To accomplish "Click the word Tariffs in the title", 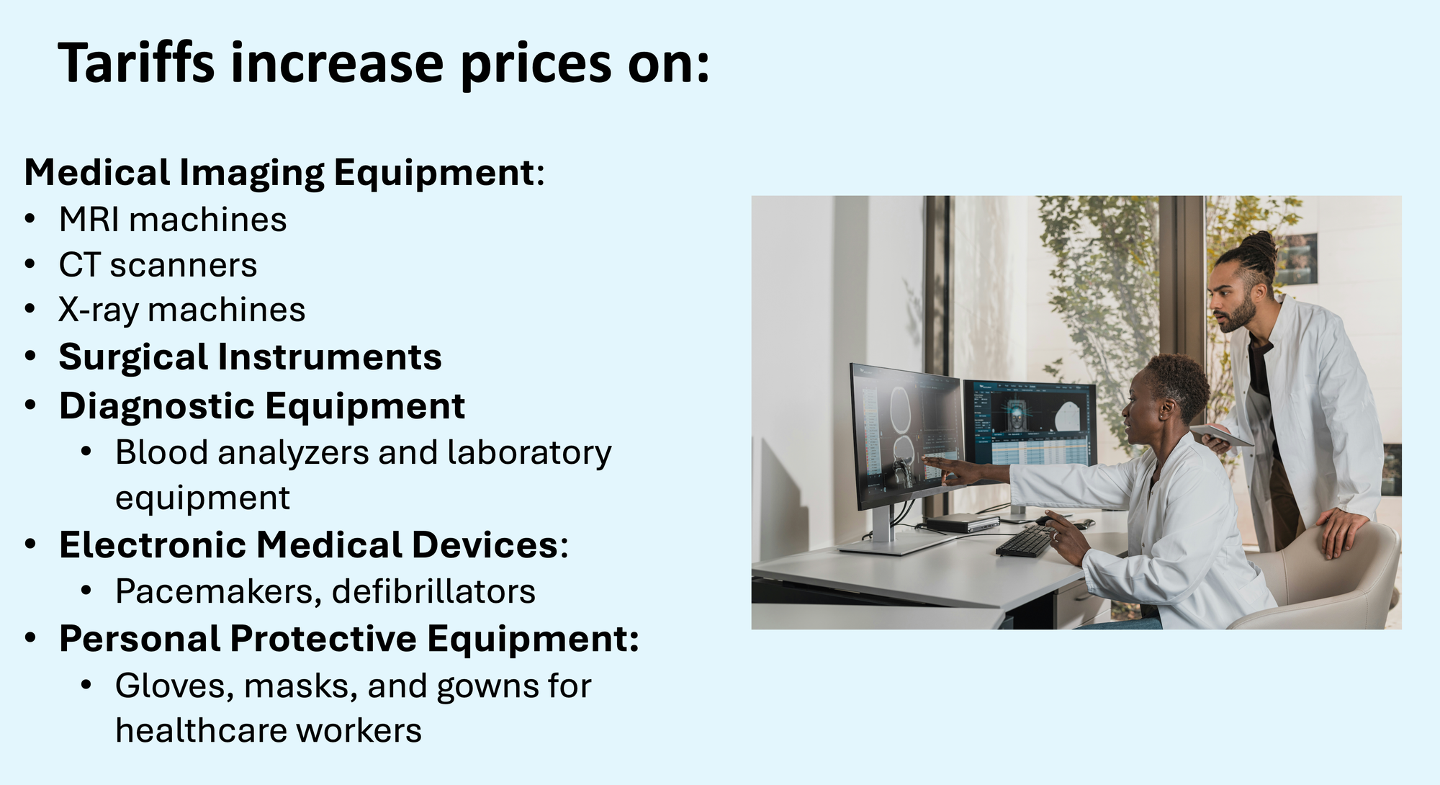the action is click(136, 63).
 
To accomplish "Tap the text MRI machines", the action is click(173, 220).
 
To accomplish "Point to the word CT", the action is click(79, 265).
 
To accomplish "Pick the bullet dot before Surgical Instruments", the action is click(30, 356).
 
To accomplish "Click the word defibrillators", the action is click(433, 591).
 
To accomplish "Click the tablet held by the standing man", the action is click(1222, 435).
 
